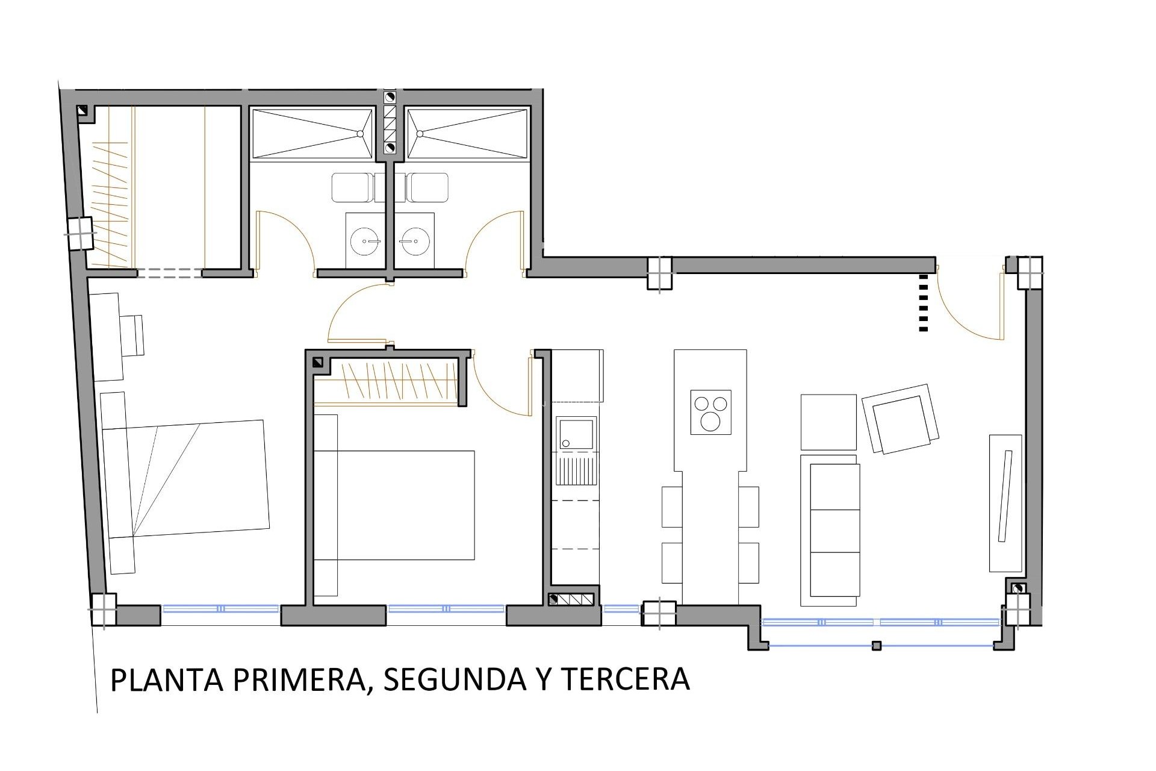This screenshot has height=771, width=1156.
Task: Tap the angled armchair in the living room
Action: pos(901,418)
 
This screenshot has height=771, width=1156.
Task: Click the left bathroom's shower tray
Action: pos(312,134)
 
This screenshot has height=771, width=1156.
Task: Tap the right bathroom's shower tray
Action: pos(468,134)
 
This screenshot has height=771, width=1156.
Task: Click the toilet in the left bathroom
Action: pos(352,187)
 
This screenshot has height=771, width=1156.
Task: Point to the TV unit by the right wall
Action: pos(1005,503)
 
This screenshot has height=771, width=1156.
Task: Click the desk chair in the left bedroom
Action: pos(132,335)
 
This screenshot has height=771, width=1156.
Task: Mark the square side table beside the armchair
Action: pos(828,422)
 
